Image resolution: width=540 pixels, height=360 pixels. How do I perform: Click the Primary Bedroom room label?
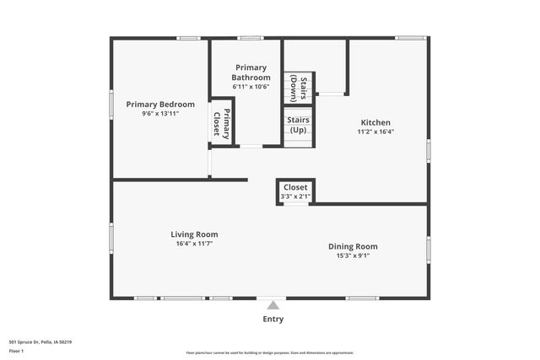(160, 105)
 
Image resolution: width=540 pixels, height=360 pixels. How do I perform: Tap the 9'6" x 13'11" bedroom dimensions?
(160, 113)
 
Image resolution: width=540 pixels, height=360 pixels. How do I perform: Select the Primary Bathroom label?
(251, 73)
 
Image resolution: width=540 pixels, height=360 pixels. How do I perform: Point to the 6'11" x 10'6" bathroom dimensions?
(251, 86)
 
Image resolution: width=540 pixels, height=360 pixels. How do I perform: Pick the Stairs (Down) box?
(299, 88)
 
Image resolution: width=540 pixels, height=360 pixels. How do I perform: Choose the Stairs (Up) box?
(299, 126)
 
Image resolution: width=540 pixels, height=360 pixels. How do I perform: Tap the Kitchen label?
(375, 122)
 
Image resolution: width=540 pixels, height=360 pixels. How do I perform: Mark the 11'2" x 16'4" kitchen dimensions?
(375, 132)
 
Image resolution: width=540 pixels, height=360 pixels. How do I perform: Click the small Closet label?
(295, 187)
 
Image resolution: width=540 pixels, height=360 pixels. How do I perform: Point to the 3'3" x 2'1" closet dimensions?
(295, 196)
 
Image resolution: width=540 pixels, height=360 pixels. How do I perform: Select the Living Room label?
(194, 234)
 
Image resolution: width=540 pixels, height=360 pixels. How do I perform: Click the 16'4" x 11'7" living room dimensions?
(194, 244)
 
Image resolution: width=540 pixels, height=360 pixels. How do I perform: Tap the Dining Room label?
(353, 246)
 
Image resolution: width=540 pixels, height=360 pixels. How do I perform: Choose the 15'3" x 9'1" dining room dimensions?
(353, 255)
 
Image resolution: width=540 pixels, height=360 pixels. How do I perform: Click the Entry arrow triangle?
(272, 305)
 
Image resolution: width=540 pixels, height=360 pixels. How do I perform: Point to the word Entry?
(273, 320)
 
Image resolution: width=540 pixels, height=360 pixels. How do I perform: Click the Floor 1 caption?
(17, 351)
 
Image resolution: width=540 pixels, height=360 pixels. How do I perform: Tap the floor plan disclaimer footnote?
(269, 353)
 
